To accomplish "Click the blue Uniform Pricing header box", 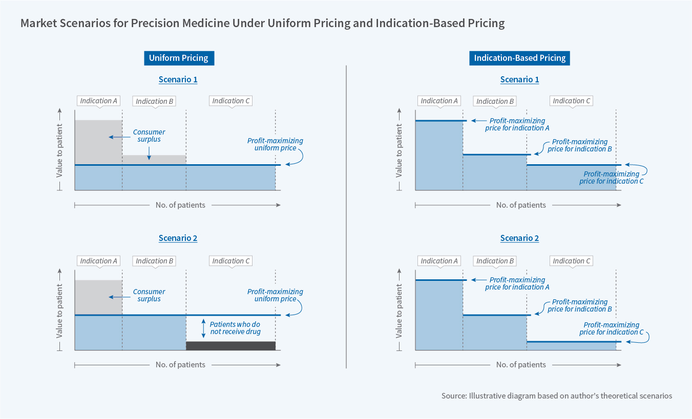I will [178, 58].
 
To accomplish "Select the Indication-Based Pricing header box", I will [519, 58].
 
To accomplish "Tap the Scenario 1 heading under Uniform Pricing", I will [178, 80].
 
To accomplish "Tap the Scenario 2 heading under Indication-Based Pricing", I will [519, 238].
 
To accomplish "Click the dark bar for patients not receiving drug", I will [230, 346].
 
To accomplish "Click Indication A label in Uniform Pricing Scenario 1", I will [99, 101].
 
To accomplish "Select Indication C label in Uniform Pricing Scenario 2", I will [231, 261].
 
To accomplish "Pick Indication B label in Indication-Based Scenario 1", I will [495, 101].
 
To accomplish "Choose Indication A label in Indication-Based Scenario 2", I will [439, 261].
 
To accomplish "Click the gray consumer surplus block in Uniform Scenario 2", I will [98, 297].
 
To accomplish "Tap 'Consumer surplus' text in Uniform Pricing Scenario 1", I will [149, 136].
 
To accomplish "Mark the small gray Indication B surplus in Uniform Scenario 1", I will [154, 160].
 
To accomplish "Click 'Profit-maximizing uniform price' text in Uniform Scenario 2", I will [275, 295].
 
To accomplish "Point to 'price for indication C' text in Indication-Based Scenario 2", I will [612, 332].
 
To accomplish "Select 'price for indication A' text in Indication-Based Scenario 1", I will [517, 128].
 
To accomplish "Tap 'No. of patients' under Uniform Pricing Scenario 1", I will [180, 205].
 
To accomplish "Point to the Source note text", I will [556, 396].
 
